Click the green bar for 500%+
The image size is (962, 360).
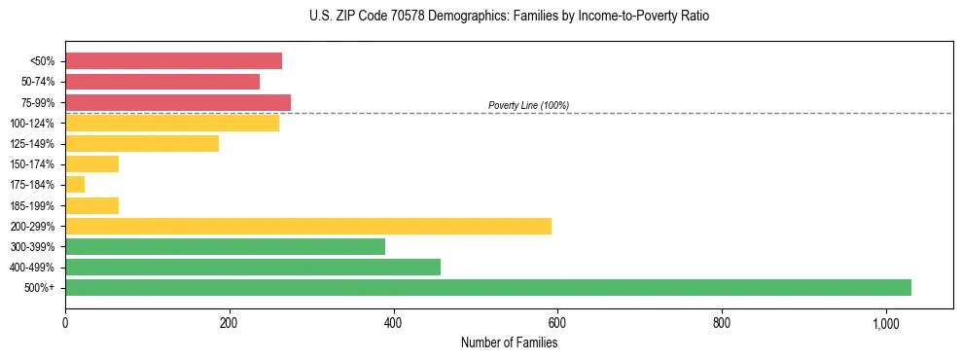pos(488,287)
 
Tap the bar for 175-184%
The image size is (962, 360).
pos(75,184)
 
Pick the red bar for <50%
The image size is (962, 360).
pos(173,61)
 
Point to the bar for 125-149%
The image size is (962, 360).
pos(142,143)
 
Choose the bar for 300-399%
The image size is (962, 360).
pos(225,246)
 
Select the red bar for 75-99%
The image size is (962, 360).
pos(178,102)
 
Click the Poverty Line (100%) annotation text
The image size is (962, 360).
pos(528,105)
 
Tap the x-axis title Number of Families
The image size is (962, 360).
pos(509,342)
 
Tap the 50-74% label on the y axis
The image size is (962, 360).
pos(38,82)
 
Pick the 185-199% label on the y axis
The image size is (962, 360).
pos(35,205)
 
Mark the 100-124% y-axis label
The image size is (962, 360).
pos(35,123)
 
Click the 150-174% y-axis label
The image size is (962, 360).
pos(35,163)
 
